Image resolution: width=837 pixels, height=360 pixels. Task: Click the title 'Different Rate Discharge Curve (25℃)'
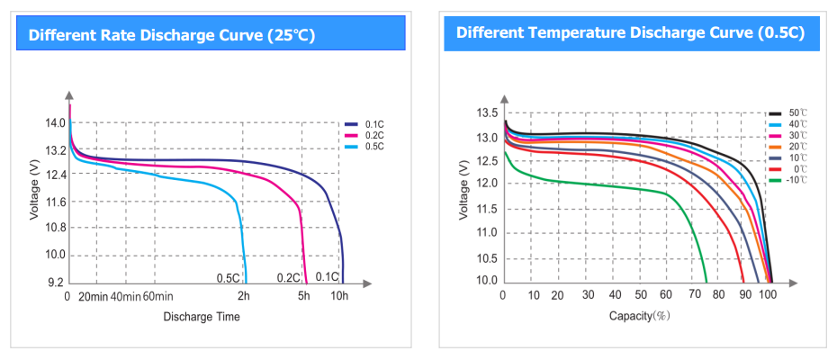(172, 35)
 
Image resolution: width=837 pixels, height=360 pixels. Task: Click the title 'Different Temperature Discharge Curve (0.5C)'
(630, 32)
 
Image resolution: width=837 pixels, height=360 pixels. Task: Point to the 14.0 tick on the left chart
(55, 123)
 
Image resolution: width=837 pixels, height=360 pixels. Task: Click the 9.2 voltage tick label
(55, 281)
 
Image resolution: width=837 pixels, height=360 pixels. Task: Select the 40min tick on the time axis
(126, 296)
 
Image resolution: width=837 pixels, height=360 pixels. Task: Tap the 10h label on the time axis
(339, 296)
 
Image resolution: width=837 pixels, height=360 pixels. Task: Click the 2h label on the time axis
(243, 296)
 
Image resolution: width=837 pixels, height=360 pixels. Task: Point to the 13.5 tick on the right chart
(486, 112)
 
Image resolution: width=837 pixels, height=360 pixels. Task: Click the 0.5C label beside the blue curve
(229, 277)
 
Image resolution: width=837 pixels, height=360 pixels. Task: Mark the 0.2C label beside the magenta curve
(288, 277)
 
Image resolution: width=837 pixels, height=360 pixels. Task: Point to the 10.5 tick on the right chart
(486, 258)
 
